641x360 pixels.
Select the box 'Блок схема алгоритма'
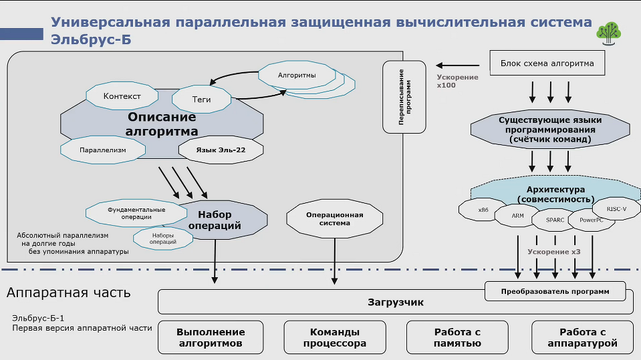tap(547, 64)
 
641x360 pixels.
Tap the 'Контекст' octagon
tap(122, 97)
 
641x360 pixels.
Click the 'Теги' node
tap(201, 100)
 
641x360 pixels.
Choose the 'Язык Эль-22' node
tap(221, 150)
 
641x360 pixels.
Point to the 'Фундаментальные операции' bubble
tap(136, 213)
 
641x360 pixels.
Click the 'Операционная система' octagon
tap(334, 219)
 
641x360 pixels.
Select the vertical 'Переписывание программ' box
tap(404, 97)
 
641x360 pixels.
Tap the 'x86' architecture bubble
tap(483, 210)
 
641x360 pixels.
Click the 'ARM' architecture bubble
tap(518, 216)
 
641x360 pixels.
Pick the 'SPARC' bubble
tap(555, 219)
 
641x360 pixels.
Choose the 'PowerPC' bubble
tap(592, 219)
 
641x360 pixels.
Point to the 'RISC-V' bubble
tap(616, 209)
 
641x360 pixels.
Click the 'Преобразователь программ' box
tap(555, 291)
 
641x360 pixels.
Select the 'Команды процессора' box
tap(335, 337)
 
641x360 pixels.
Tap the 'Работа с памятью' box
tap(458, 337)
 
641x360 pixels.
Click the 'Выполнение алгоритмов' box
tap(211, 337)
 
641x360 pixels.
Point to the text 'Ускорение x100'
tap(457, 81)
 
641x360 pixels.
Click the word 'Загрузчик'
tap(396, 303)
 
